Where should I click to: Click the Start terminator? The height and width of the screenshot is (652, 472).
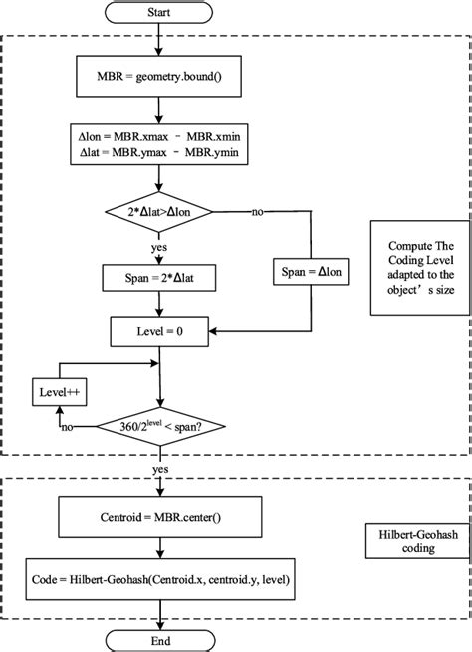(x=159, y=14)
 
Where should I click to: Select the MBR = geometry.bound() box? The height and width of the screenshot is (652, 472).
(x=159, y=75)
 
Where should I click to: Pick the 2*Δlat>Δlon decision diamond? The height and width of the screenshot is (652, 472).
(x=159, y=212)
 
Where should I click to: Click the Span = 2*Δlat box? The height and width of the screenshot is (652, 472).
(x=159, y=278)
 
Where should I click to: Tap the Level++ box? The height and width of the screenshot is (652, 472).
(x=58, y=392)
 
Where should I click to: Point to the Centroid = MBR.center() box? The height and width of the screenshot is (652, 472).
(x=159, y=518)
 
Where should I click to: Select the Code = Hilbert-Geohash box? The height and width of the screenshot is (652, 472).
(x=159, y=577)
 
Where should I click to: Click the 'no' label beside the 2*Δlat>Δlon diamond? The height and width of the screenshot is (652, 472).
(x=257, y=212)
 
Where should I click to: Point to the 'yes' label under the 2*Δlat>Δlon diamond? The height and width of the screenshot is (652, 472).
(x=159, y=245)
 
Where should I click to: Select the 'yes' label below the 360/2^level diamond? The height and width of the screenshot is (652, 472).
(x=159, y=466)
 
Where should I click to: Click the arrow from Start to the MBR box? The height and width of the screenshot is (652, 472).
(x=159, y=39)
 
